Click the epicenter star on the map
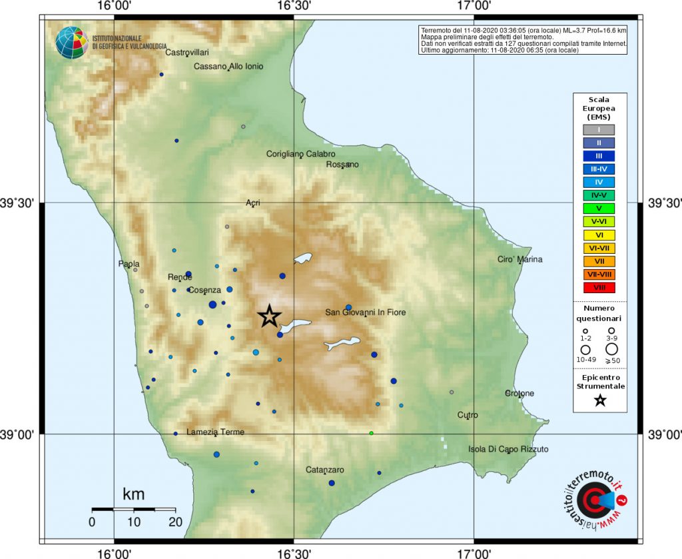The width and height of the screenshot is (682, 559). (x=269, y=316)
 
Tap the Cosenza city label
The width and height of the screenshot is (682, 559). (x=204, y=290)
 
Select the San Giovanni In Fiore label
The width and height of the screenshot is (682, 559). (x=366, y=312)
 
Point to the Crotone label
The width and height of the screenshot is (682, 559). (x=519, y=393)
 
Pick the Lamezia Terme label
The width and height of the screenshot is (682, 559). (x=215, y=432)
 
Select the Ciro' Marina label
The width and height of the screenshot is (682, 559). (x=520, y=259)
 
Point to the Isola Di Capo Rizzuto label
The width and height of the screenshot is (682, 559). (x=509, y=449)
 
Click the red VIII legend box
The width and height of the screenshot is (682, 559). (x=599, y=287)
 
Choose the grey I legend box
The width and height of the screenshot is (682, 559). (x=599, y=129)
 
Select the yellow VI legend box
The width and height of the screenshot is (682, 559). (x=599, y=235)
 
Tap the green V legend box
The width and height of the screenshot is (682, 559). (x=599, y=209)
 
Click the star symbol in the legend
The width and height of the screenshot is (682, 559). (x=600, y=400)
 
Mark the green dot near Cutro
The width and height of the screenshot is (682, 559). (x=372, y=433)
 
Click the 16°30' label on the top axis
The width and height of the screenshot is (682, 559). (x=294, y=6)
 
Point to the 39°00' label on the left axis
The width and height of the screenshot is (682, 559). (x=19, y=434)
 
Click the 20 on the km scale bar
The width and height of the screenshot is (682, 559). (x=175, y=522)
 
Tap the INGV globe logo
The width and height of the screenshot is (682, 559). (x=71, y=43)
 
